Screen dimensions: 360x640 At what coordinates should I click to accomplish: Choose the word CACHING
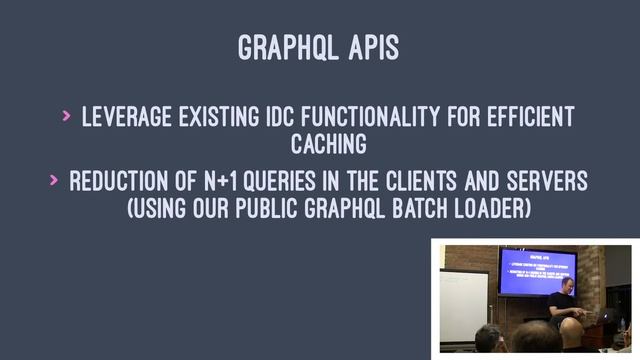pyautogui.click(x=328, y=147)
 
